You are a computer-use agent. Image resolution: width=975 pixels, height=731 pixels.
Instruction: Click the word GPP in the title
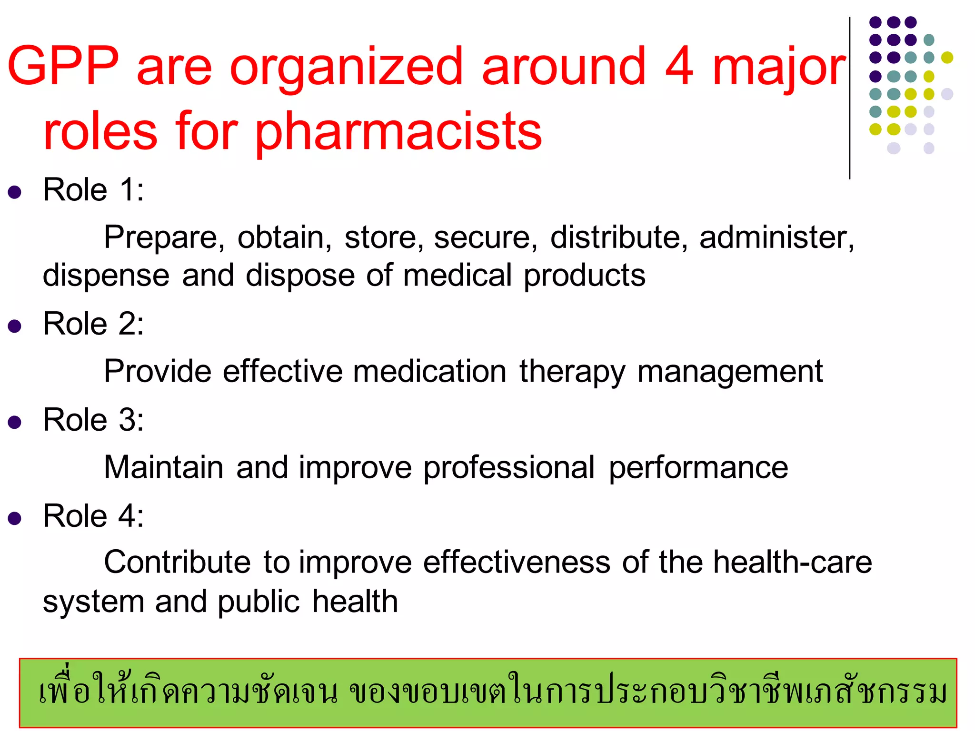point(63,66)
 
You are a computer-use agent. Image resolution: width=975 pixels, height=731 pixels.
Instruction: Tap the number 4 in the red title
point(679,66)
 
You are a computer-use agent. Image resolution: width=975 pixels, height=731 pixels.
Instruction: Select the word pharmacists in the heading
point(398,131)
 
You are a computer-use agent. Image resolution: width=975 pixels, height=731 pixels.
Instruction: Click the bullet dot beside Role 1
point(15,192)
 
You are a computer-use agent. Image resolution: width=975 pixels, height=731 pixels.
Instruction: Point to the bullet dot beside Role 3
point(15,422)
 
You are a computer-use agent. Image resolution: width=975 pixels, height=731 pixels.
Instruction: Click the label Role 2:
point(93,324)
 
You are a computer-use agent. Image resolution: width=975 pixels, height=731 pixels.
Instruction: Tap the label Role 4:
point(93,516)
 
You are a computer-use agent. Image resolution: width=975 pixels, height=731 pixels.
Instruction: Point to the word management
point(730,372)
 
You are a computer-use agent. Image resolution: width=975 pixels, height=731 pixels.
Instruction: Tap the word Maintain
point(164,467)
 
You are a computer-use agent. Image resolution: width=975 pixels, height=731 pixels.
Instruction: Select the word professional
point(509,467)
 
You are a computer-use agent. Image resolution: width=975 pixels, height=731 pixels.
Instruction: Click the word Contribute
point(177,563)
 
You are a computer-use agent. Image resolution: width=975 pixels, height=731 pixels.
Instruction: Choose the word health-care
point(793,563)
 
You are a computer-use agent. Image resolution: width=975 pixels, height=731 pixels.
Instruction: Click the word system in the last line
point(93,602)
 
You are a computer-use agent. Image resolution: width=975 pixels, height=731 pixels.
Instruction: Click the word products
point(585,276)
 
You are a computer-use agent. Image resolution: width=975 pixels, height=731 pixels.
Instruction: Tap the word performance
point(698,467)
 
